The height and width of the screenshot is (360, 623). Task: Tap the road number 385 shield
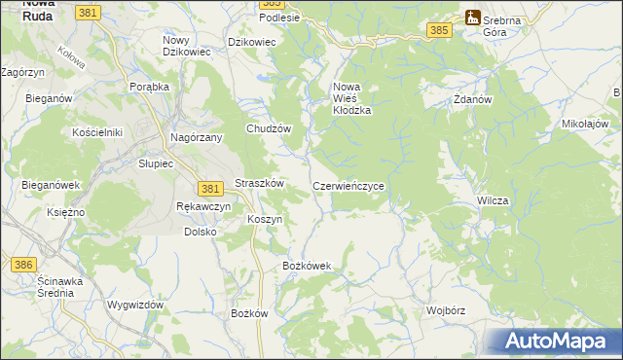tap(439, 31)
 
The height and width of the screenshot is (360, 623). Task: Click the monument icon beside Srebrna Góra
tap(472, 17)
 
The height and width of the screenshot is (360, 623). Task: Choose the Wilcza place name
tap(493, 199)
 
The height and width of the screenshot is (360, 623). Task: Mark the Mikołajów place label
tap(585, 125)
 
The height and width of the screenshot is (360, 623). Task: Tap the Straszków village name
tap(259, 183)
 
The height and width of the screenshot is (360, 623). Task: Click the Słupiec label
tap(155, 163)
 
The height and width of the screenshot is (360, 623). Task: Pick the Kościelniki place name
tap(96, 131)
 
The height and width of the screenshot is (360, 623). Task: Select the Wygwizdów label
tap(135, 305)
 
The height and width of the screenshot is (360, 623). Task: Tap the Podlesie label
tap(279, 18)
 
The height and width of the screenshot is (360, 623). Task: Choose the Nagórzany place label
tap(198, 138)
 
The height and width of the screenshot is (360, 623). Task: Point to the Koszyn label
tap(265, 219)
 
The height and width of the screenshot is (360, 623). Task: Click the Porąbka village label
tap(150, 86)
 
